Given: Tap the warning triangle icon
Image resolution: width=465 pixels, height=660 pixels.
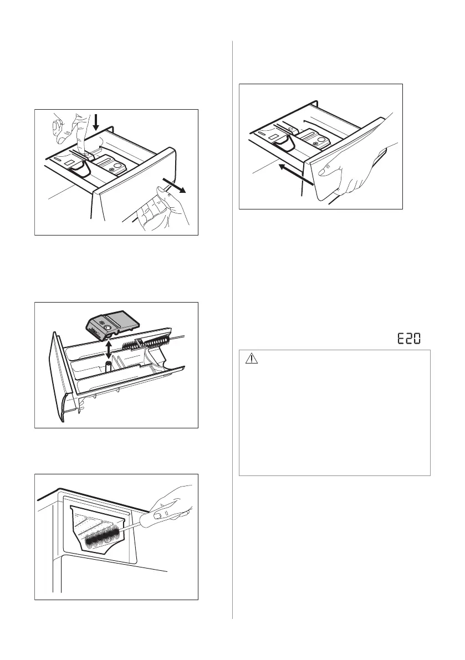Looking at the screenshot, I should (251, 359).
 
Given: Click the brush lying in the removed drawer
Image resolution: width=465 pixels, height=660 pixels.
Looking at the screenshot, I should (147, 347).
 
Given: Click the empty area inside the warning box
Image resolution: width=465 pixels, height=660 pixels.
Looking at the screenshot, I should (334, 421).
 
